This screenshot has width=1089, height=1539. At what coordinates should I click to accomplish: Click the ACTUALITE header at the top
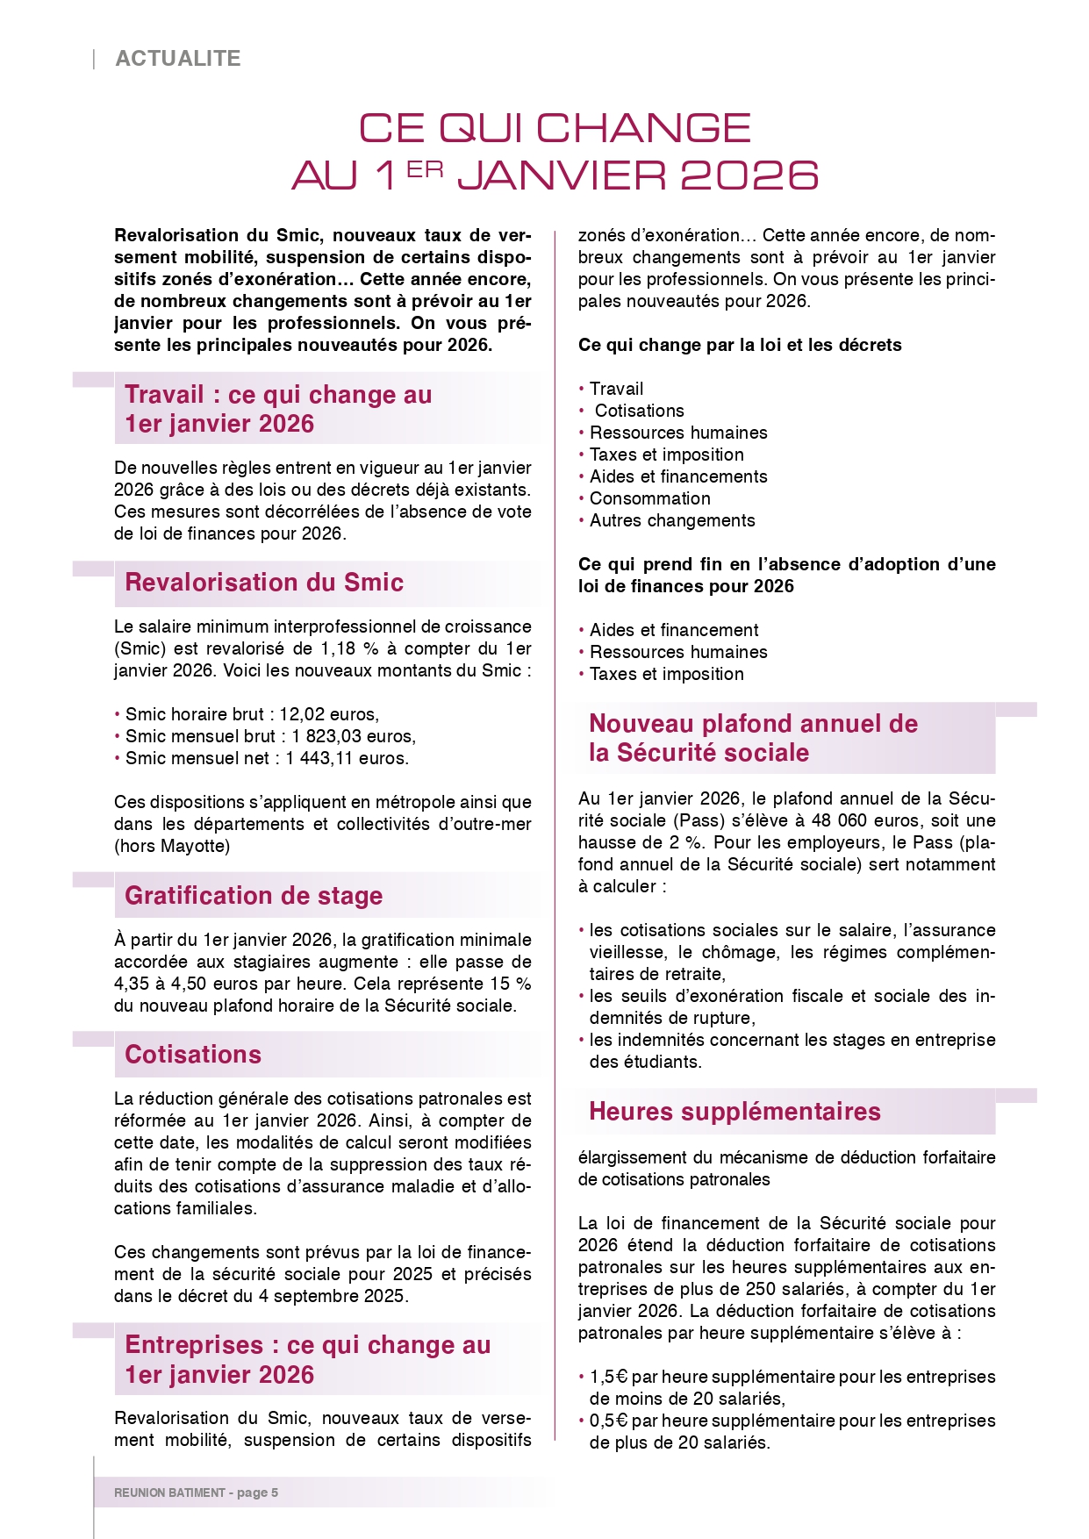click(x=178, y=59)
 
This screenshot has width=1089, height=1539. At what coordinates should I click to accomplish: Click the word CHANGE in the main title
click(x=643, y=128)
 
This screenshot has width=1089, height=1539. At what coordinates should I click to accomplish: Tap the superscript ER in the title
click(x=425, y=169)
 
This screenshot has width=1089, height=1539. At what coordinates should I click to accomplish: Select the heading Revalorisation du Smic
click(x=264, y=583)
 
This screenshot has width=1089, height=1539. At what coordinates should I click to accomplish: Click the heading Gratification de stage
click(x=254, y=896)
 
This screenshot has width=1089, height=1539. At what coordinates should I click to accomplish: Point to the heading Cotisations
click(x=193, y=1055)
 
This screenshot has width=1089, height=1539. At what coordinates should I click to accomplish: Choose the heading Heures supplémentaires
click(x=734, y=1112)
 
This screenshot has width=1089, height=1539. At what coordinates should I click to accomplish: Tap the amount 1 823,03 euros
click(x=354, y=736)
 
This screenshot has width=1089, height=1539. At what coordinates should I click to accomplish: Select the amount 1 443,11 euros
click(x=347, y=758)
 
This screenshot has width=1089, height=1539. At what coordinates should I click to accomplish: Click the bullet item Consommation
click(x=650, y=498)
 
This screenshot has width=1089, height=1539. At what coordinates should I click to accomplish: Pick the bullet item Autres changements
click(x=672, y=520)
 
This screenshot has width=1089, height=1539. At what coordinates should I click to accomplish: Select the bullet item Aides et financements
click(x=678, y=476)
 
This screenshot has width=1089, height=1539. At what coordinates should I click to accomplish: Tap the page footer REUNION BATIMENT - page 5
click(x=196, y=1492)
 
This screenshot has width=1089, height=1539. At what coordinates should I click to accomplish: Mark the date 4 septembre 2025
click(x=333, y=1296)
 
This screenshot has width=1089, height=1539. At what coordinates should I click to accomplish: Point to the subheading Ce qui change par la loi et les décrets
click(x=740, y=345)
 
